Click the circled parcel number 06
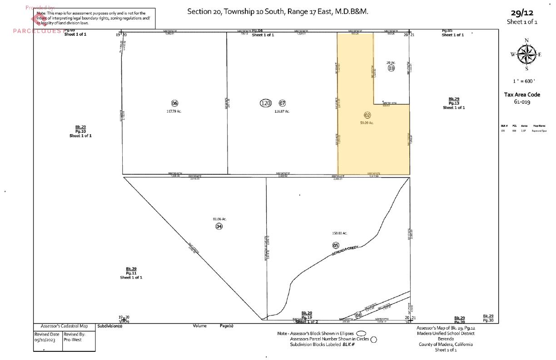pyautogui.click(x=174, y=103)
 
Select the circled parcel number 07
pyautogui.click(x=282, y=103)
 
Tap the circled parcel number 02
pyautogui.click(x=367, y=115)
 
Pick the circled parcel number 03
pyautogui.click(x=391, y=68)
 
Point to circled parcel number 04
pyautogui.click(x=219, y=226)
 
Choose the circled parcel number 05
pyautogui.click(x=336, y=245)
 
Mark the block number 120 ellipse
pyautogui.click(x=266, y=103)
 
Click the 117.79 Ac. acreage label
pyautogui.click(x=174, y=111)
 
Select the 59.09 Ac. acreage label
pyautogui.click(x=367, y=123)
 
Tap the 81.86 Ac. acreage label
pyautogui.click(x=219, y=219)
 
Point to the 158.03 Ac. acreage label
pyautogui.click(x=340, y=233)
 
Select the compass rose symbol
pyautogui.click(x=526, y=55)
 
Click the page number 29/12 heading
pyautogui.click(x=522, y=13)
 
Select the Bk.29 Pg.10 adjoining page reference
pyautogui.click(x=81, y=131)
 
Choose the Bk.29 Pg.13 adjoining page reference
pyautogui.click(x=454, y=103)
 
